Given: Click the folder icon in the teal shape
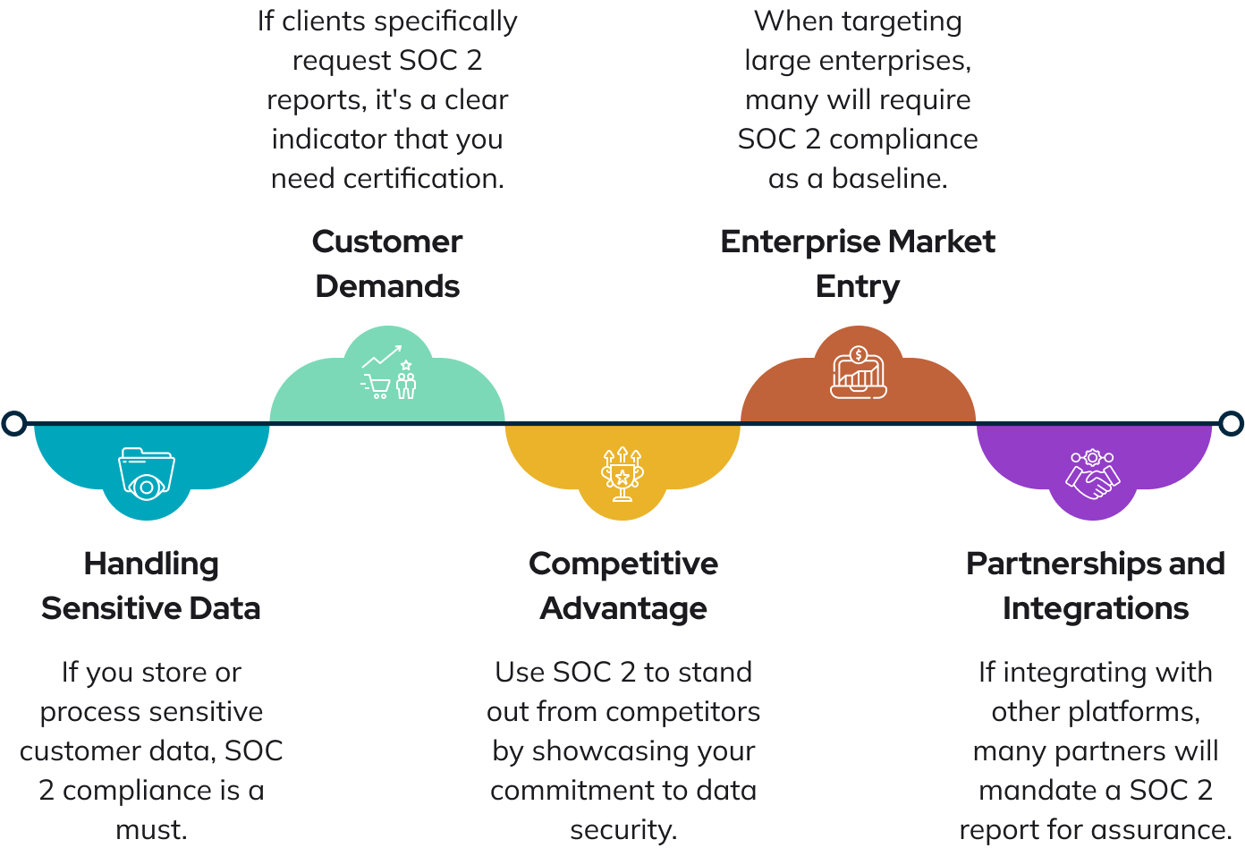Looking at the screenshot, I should pyautogui.click(x=147, y=472).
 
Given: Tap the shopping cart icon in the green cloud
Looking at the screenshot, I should pyautogui.click(x=377, y=386).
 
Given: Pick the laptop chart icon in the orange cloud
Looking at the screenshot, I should pyautogui.click(x=858, y=373).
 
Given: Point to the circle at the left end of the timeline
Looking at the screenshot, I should pyautogui.click(x=13, y=423).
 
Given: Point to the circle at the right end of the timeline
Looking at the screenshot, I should pyautogui.click(x=1232, y=423).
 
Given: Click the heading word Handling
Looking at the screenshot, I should pyautogui.click(x=151, y=564).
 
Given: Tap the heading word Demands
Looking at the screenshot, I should pyautogui.click(x=387, y=287).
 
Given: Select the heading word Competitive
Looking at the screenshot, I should pyautogui.click(x=623, y=564).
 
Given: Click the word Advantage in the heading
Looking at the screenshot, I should pyautogui.click(x=623, y=609).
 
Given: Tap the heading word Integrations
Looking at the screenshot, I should pyautogui.click(x=1096, y=609).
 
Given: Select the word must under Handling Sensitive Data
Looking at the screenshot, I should pyautogui.click(x=151, y=830).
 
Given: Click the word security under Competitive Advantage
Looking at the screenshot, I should pyautogui.click(x=622, y=830).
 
